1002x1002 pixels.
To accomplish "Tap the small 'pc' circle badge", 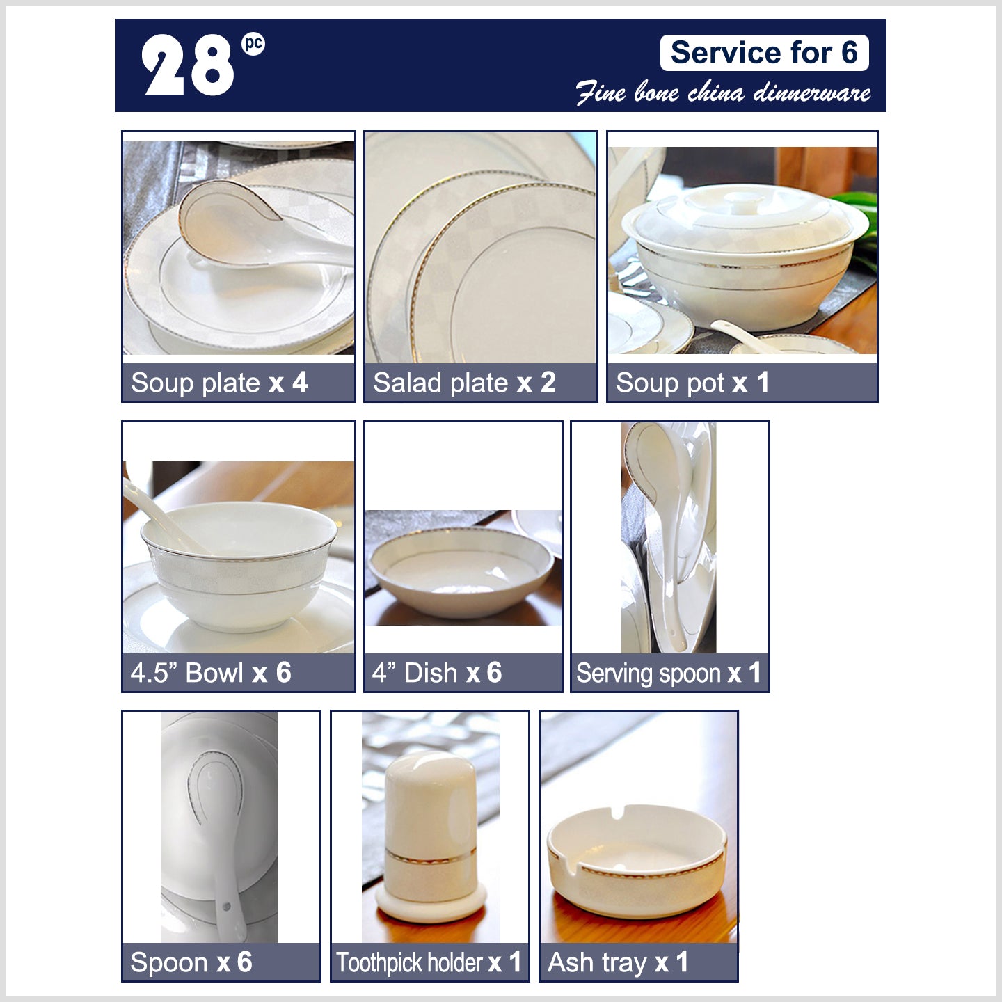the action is coord(253,44).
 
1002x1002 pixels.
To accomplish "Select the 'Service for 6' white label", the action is coord(764,52).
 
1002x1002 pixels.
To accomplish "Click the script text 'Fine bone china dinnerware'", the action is coord(723,93).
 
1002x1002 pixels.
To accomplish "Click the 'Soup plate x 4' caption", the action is coord(219,383).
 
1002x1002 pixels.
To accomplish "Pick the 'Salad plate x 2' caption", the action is coord(464,383).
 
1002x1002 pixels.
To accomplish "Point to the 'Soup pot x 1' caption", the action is coord(692,383).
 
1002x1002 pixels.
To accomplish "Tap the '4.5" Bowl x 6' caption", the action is coord(211,672).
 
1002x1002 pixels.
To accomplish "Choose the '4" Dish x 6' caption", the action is coord(437,672).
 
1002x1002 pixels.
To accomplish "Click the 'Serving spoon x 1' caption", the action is coord(669,672).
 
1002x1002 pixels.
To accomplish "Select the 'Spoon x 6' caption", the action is coord(191,962).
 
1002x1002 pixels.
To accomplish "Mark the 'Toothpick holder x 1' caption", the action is coord(429,962).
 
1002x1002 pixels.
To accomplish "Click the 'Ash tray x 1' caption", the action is coord(618,962).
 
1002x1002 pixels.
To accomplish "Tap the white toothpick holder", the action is coord(431,836).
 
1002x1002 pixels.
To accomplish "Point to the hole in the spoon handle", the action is coord(226,907).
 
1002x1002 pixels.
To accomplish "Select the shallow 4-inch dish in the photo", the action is coord(461,571).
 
